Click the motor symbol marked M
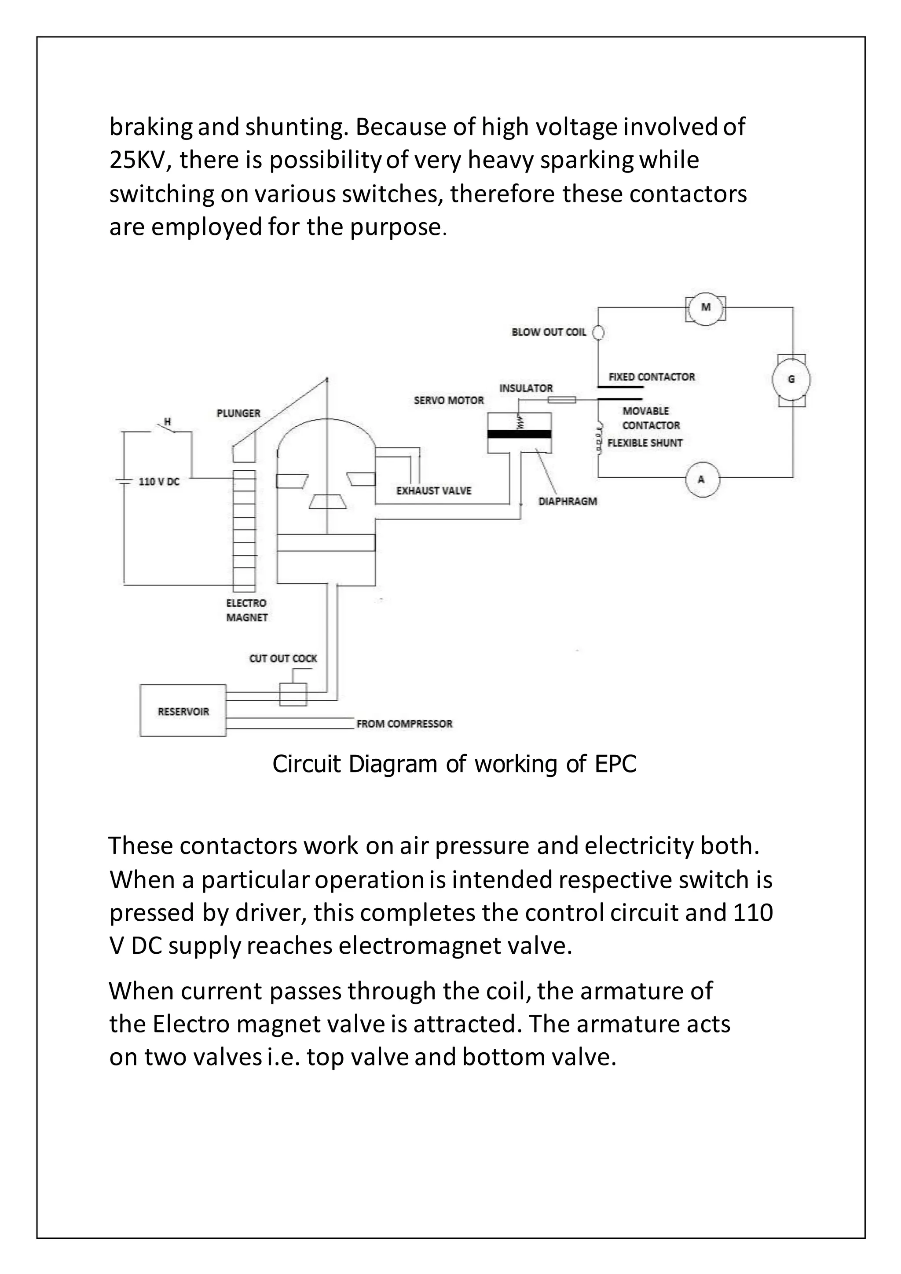[706, 308]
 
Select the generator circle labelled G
[791, 380]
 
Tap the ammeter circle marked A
[701, 480]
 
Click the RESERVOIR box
[183, 711]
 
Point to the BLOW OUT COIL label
[549, 333]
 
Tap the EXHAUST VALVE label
[434, 491]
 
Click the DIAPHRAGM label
[568, 502]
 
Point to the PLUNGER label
[238, 414]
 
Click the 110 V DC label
[159, 482]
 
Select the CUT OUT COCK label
[283, 659]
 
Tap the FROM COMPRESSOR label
[404, 724]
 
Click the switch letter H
[168, 422]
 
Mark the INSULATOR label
[526, 388]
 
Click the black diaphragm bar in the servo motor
[519, 434]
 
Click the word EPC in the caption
[615, 765]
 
